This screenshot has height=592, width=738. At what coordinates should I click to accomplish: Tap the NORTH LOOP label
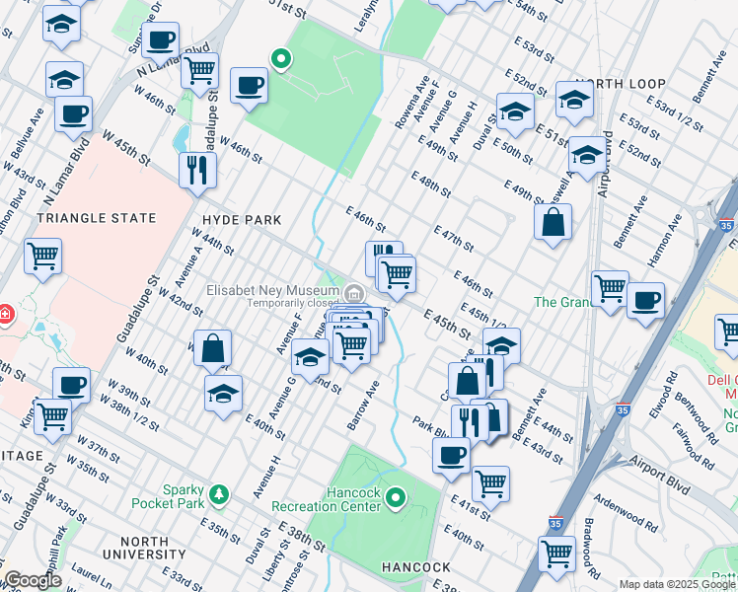616,84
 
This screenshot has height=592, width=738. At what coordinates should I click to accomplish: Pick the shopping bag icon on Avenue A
213,347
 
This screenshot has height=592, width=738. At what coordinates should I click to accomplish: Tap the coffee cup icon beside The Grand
645,299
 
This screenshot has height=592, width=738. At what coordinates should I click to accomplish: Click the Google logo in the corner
33,581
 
